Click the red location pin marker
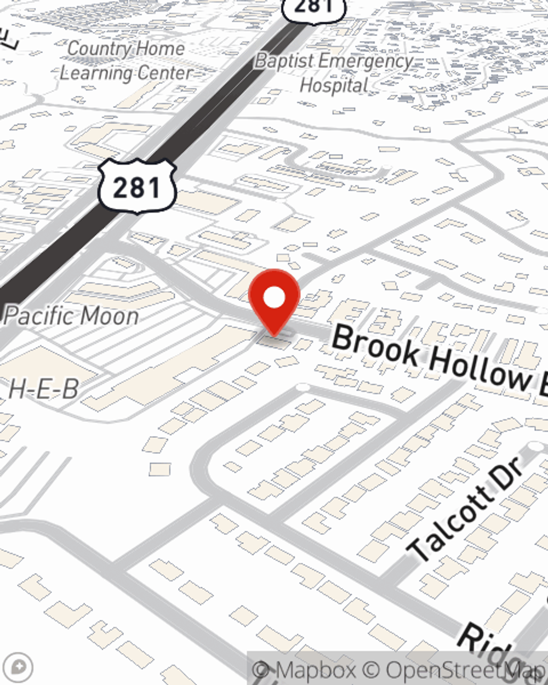[x=274, y=301]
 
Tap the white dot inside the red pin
[x=274, y=298]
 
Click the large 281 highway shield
[x=137, y=187]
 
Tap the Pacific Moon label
[x=71, y=316]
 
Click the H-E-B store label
[x=43, y=390]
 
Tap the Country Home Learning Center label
[x=126, y=60]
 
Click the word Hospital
[x=334, y=85]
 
